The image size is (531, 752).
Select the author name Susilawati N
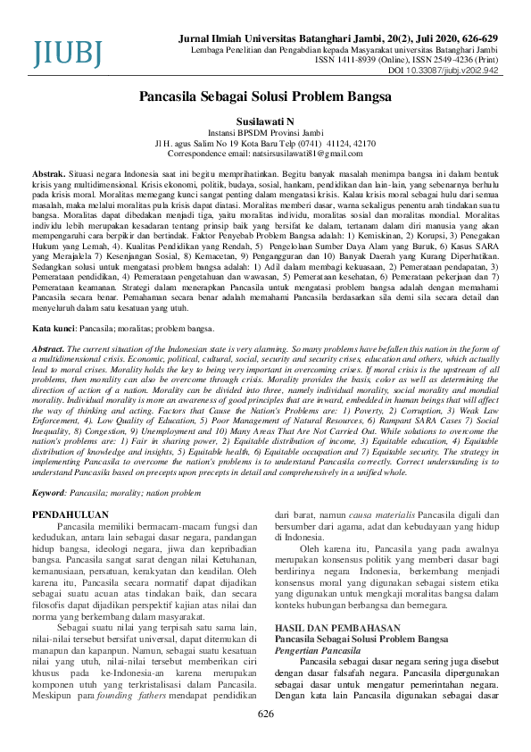tap(265, 121)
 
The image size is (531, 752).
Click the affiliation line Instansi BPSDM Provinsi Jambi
tap(265, 132)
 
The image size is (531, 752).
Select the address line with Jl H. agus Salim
tap(265, 143)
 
